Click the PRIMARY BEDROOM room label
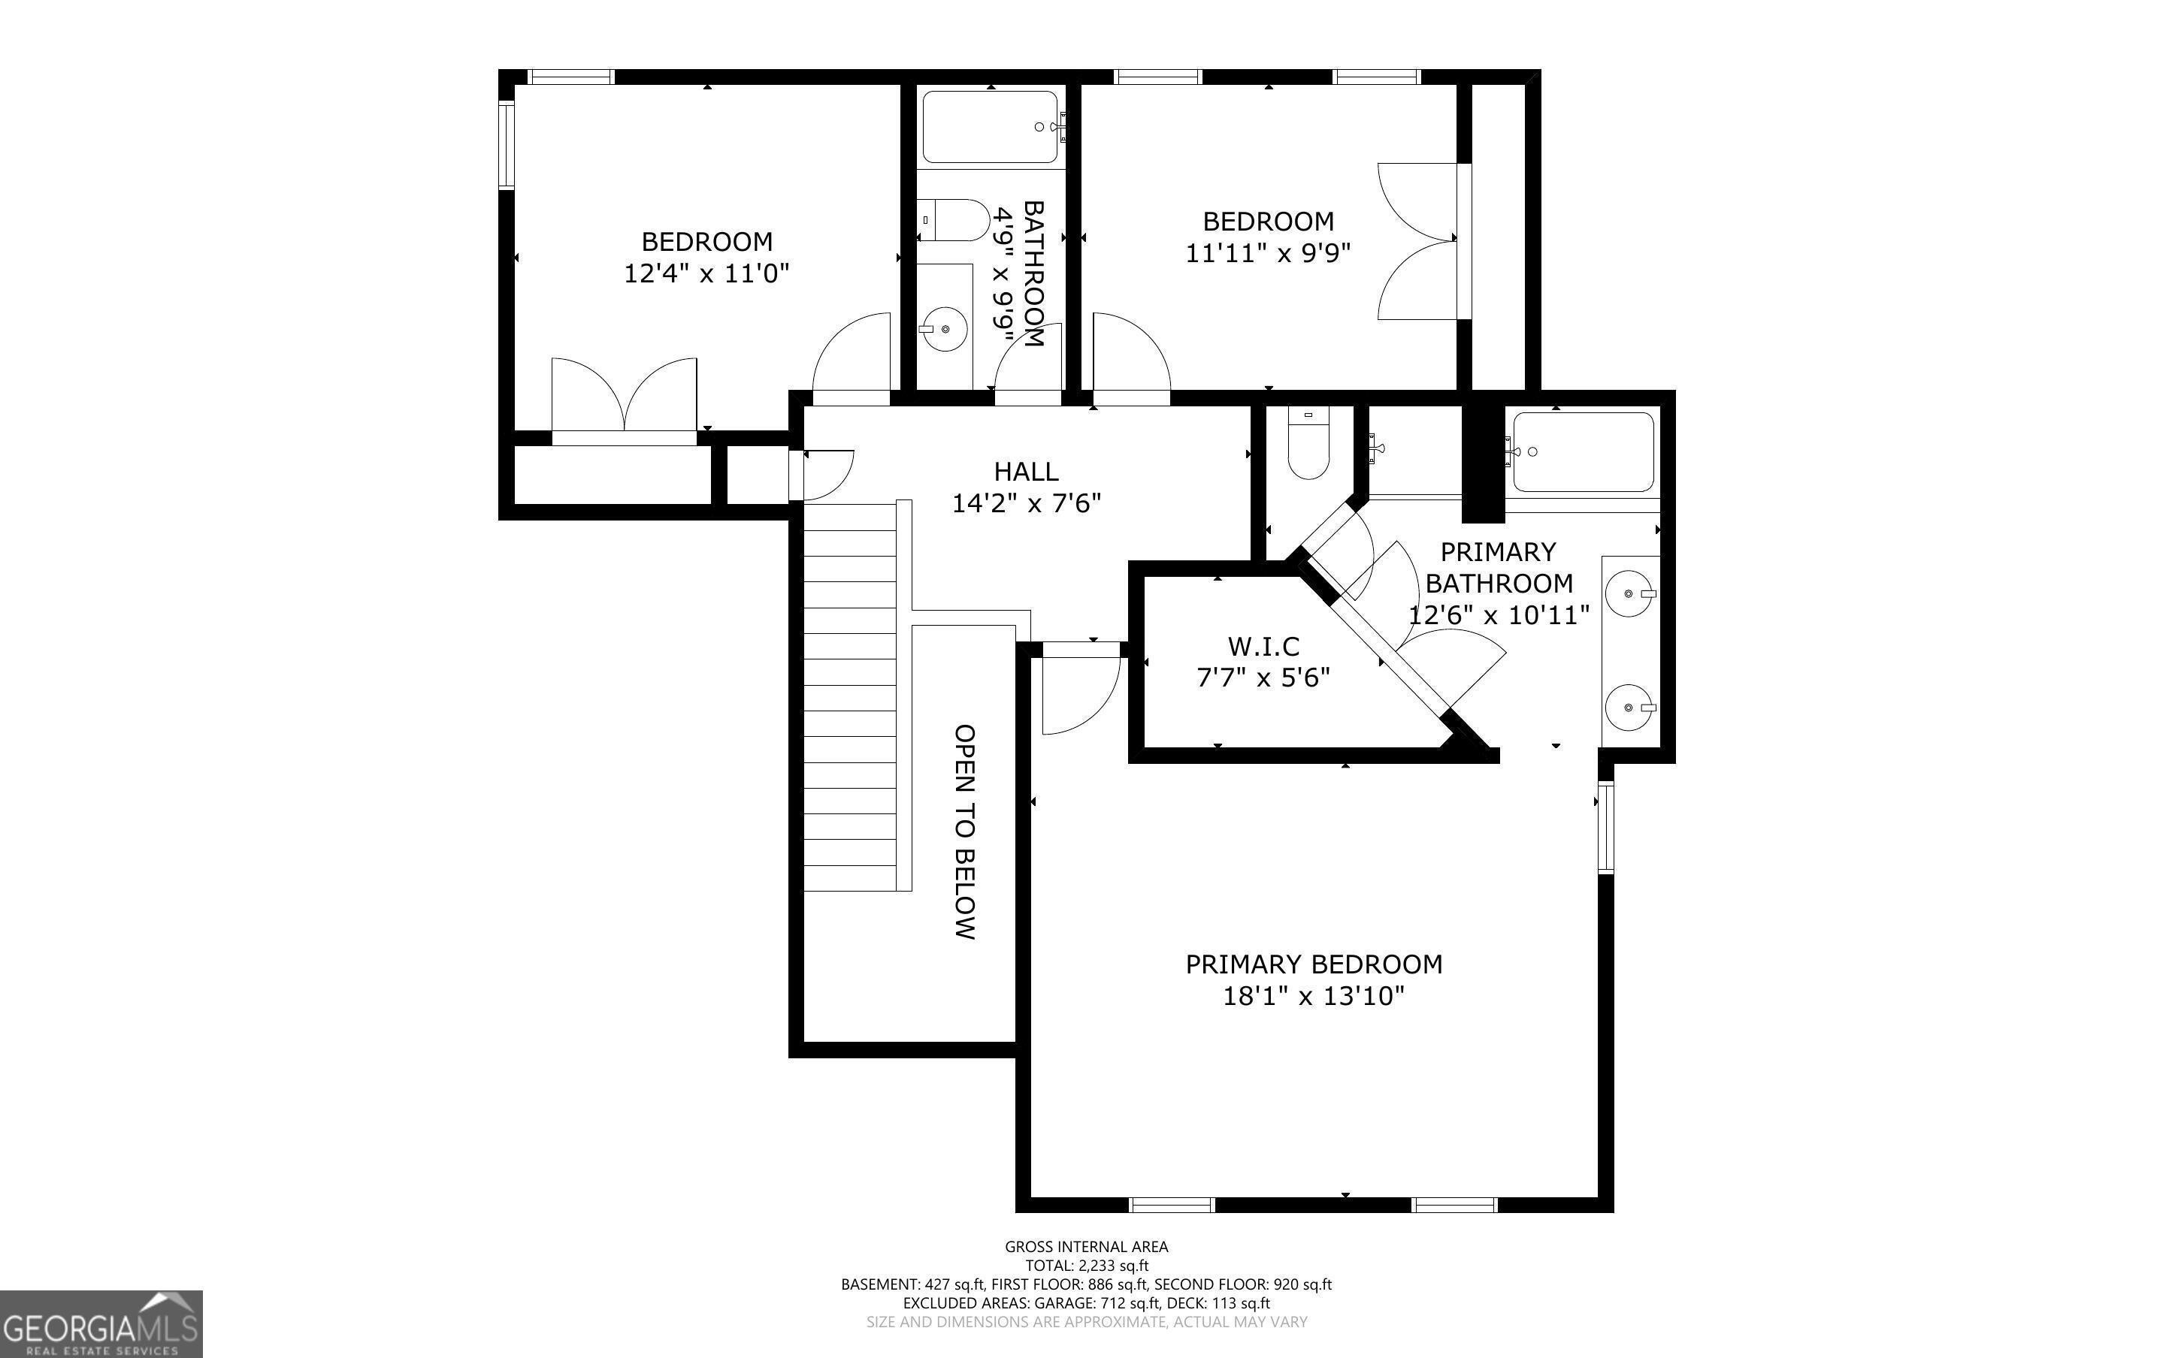(1314, 964)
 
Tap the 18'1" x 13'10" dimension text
(1314, 996)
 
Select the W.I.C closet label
(1263, 646)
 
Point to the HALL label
(1026, 472)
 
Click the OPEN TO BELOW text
(964, 831)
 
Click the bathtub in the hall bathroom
(990, 127)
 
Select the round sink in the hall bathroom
(943, 330)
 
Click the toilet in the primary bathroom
(1308, 443)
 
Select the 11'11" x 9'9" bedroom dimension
(1269, 253)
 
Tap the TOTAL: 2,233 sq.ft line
(1087, 1266)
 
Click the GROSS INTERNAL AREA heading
(1086, 1247)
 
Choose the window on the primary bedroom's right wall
(1606, 826)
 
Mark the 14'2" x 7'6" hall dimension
(1026, 503)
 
